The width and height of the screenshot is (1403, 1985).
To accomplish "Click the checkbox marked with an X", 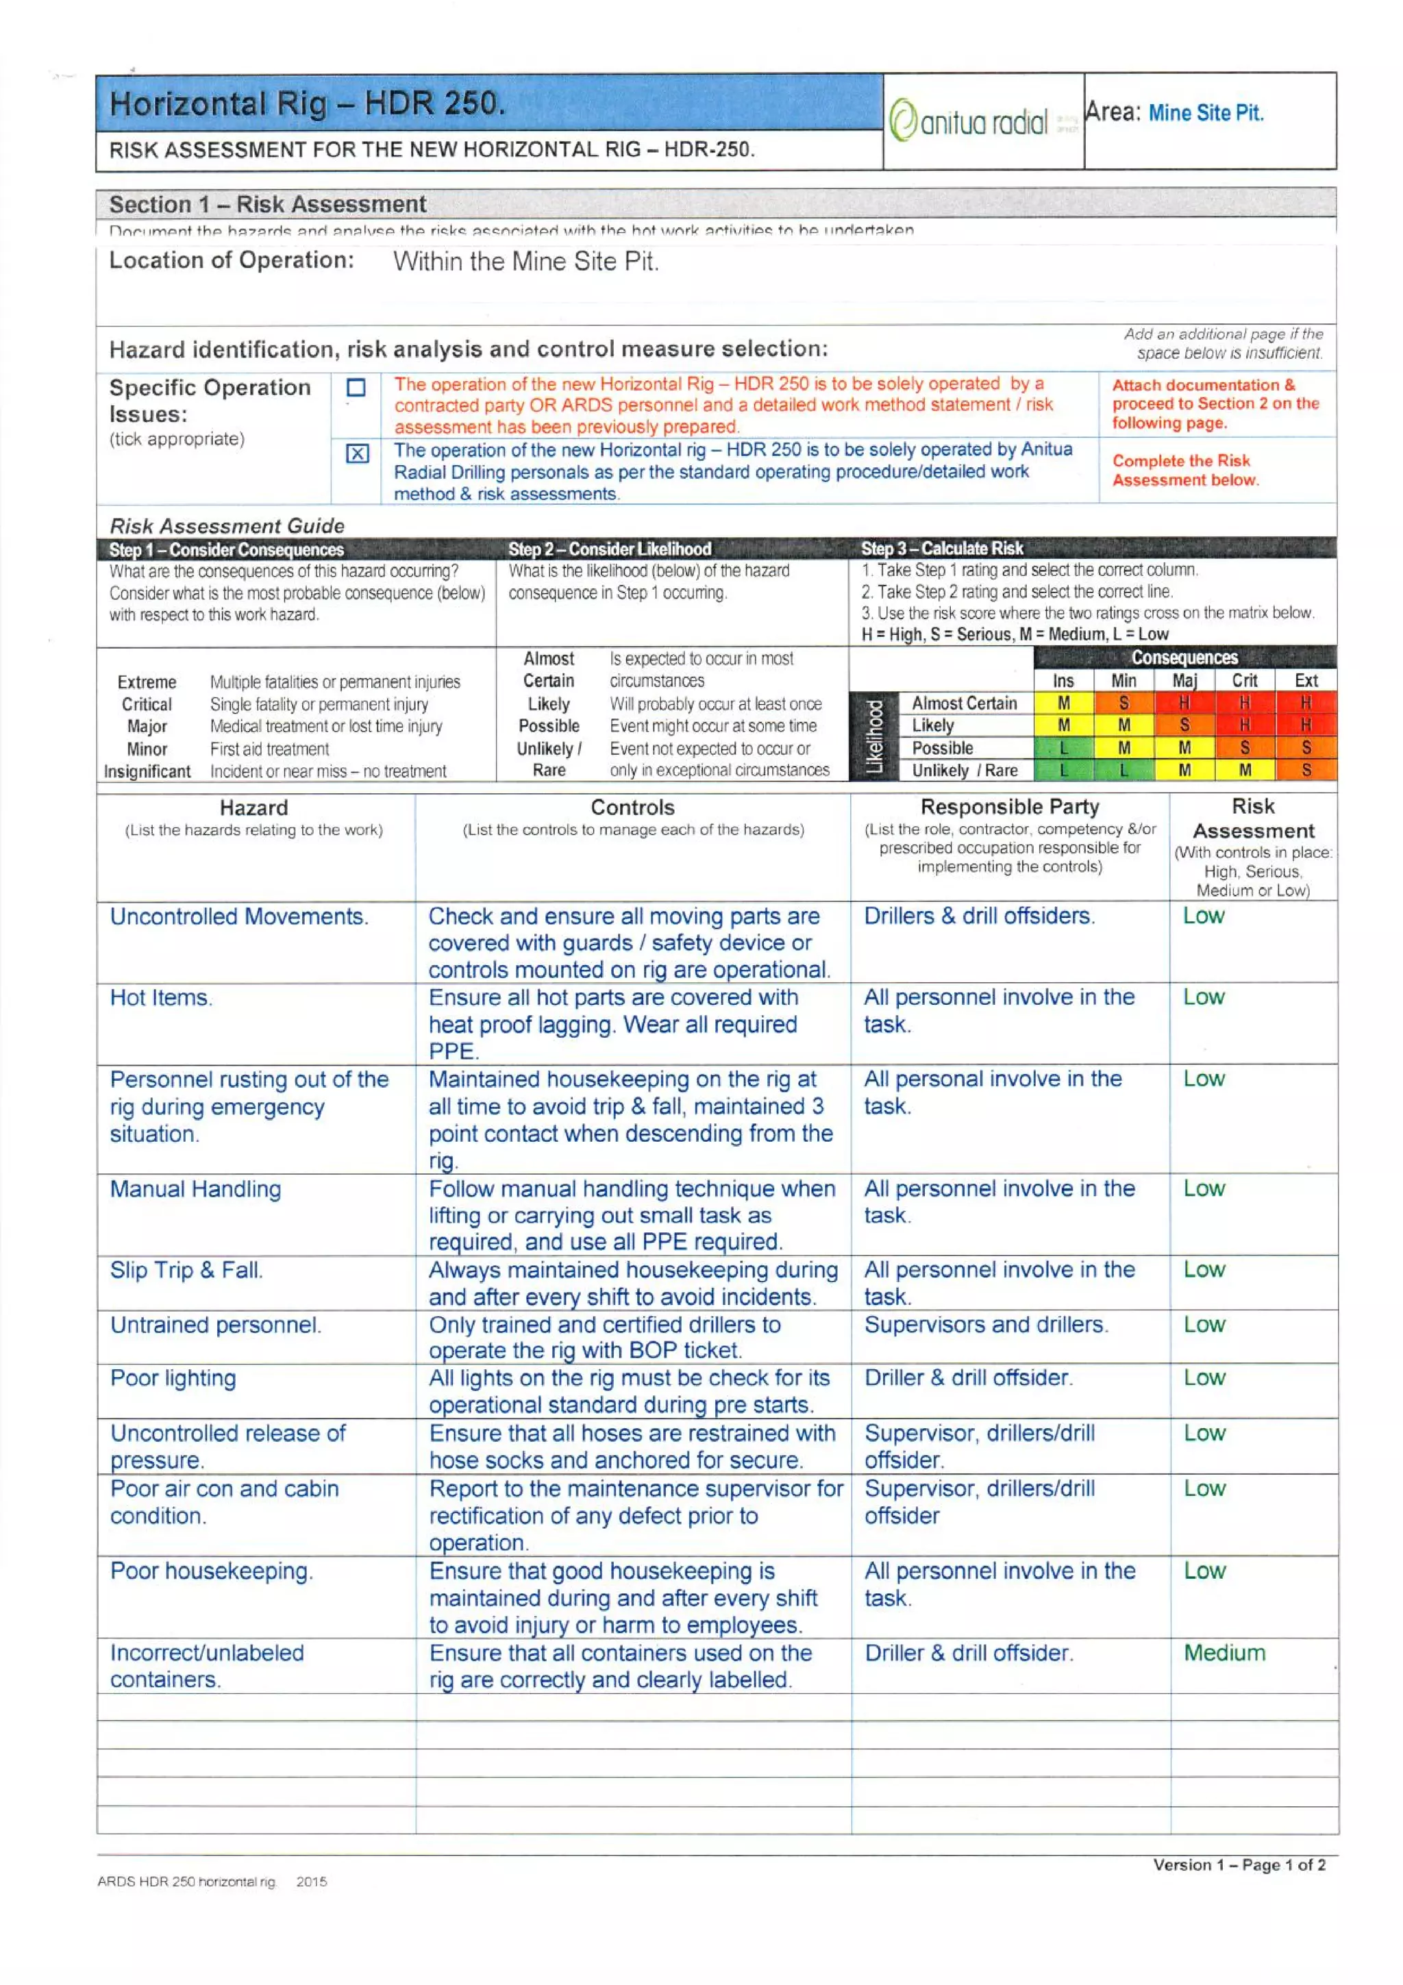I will click(357, 454).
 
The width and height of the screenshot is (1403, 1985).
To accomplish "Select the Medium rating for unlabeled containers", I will click(1224, 1653).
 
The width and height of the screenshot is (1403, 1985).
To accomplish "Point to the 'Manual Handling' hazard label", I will click(195, 1189).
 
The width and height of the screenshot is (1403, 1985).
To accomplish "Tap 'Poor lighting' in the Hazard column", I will click(173, 1378).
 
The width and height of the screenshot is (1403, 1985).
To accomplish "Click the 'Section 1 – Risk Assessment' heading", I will click(268, 205).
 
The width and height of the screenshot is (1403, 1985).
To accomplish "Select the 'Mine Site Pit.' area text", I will click(1206, 113).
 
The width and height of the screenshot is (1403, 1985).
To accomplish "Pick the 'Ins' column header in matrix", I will click(1063, 682).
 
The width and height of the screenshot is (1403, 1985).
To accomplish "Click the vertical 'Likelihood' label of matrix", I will click(874, 736).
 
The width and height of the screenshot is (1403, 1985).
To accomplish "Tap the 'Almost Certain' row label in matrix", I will click(964, 703).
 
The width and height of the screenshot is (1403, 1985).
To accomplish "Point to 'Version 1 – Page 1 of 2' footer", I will click(1239, 1865).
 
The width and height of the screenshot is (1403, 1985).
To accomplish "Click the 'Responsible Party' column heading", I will click(1010, 807).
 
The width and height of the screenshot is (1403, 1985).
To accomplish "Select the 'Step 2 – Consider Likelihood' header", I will click(610, 549).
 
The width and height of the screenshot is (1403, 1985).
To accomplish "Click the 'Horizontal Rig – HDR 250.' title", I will click(307, 105).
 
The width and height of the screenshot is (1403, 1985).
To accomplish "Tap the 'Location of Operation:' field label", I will click(232, 260).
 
